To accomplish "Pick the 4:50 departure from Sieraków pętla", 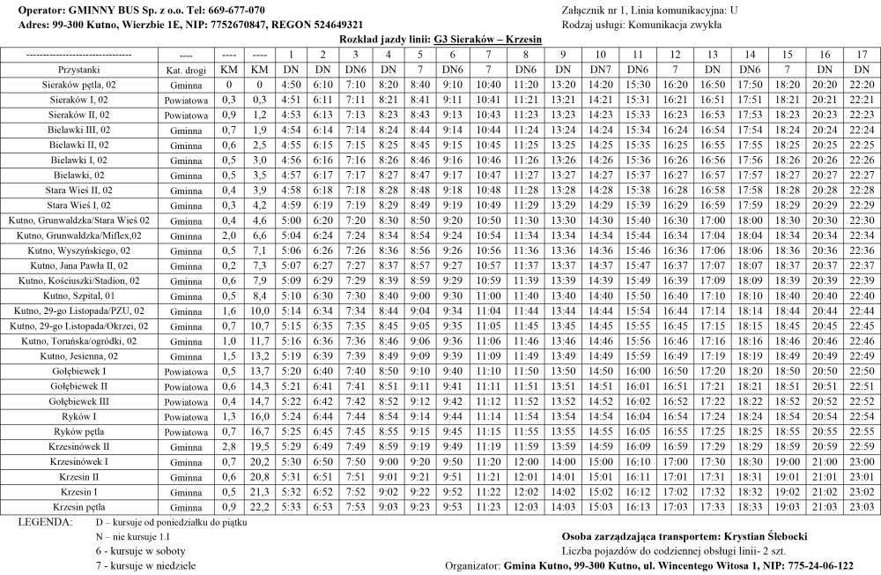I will (x=291, y=85).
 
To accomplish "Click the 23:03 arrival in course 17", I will (x=862, y=506).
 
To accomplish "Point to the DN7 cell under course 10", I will (x=601, y=69).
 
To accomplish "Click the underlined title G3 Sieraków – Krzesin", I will (x=487, y=40).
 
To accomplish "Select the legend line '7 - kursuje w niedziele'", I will (x=145, y=565).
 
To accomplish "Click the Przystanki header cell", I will (x=79, y=69).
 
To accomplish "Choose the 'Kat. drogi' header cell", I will (x=186, y=69).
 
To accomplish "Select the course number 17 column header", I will (x=862, y=55).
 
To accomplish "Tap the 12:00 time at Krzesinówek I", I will (x=526, y=461).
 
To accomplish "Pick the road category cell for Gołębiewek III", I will (x=186, y=400).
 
